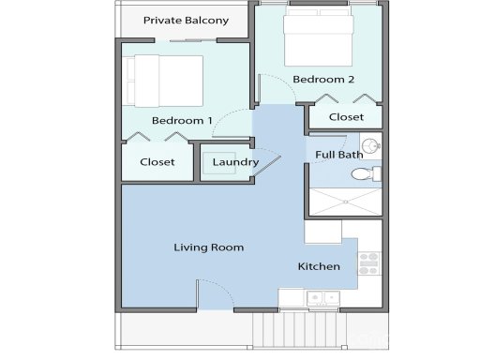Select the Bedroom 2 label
(322, 80)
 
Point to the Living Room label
(208, 247)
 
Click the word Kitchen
(319, 267)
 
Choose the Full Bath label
(338, 155)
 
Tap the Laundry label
(235, 162)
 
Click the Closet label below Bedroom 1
(157, 162)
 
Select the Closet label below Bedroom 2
(346, 117)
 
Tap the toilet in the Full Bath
(364, 173)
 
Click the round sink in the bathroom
(371, 145)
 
